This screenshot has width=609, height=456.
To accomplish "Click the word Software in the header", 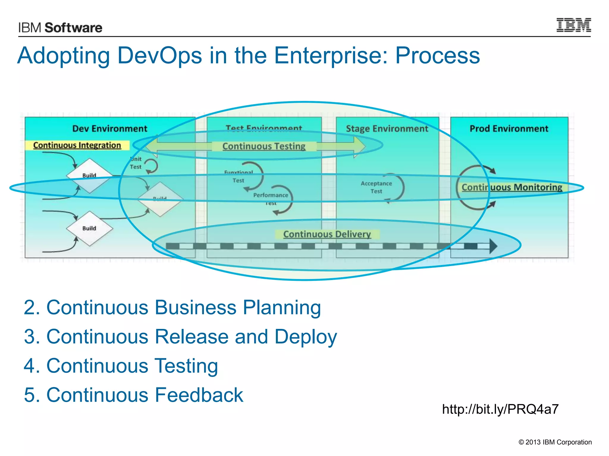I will point(73,28).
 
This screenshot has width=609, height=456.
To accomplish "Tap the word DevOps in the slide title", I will point(160,56).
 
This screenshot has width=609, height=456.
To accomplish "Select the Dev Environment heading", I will point(110,129).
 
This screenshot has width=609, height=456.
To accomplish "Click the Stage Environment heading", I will point(387,129).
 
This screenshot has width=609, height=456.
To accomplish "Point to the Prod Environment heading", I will point(509,129).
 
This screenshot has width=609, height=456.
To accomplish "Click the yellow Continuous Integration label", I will point(77,145).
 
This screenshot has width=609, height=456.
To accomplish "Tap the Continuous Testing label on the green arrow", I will point(264,146).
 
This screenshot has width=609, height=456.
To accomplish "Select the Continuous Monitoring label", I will point(512,187).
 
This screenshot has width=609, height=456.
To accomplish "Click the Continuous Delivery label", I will point(327,234).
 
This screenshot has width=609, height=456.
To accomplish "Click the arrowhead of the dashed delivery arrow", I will point(493,246).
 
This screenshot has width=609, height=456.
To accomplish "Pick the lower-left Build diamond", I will point(90,228).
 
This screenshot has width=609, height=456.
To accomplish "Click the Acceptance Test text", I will point(376,187).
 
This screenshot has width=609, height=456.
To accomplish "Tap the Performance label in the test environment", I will point(271,195).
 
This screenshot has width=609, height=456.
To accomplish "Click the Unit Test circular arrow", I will point(152,166).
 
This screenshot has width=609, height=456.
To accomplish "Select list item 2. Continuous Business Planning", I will point(172,307).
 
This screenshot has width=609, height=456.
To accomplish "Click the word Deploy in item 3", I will point(305,337).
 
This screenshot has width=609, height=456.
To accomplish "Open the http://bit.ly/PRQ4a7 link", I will point(500,409).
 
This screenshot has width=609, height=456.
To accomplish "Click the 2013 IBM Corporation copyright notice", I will point(555,442).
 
